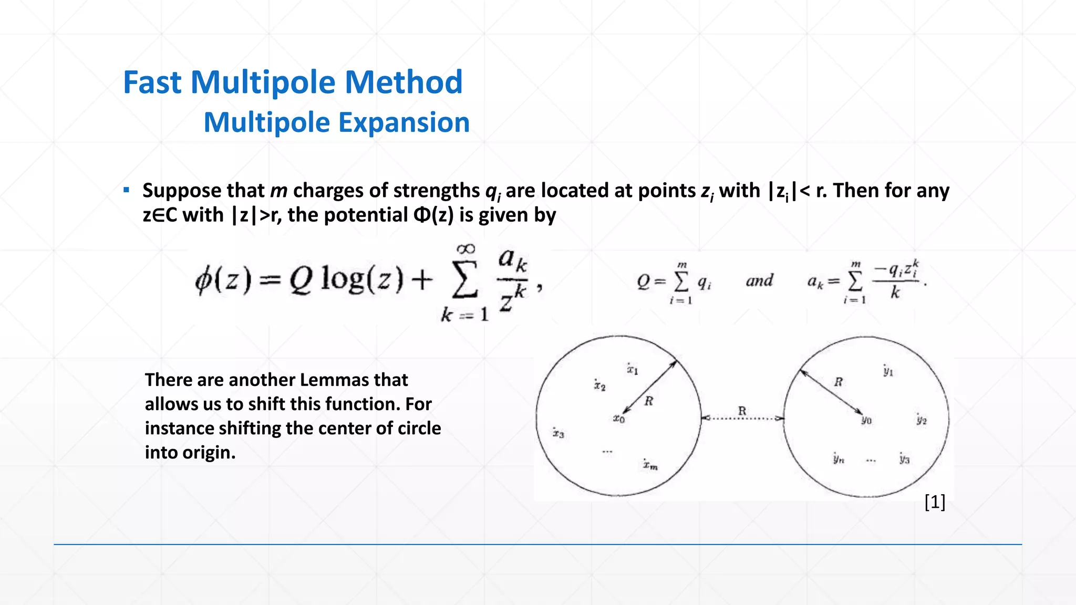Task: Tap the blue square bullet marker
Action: pos(126,190)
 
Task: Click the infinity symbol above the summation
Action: pos(466,248)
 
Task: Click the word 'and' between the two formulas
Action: pos(759,280)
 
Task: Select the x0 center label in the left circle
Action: pos(619,419)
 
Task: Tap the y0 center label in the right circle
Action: pos(866,420)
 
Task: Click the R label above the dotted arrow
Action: pos(742,411)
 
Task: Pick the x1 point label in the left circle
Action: pos(632,369)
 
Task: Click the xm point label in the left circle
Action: pos(650,465)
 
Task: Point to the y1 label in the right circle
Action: pos(888,371)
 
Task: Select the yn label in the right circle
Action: pos(839,458)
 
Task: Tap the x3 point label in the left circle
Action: pos(558,433)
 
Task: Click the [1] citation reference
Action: pos(935,502)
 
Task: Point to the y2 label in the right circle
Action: pos(922,420)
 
